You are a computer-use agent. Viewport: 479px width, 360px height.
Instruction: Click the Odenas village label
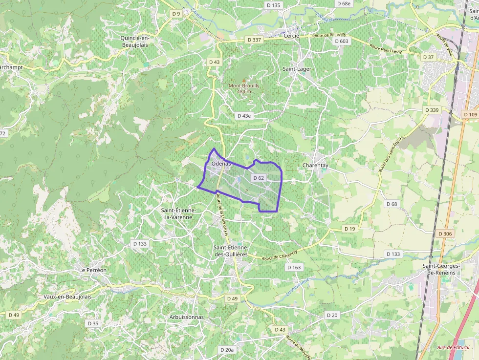pos(220,164)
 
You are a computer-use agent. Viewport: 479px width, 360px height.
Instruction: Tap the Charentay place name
pos(315,165)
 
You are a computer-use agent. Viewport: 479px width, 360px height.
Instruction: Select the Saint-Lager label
pos(297,69)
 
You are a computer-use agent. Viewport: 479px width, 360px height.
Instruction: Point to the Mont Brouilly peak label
pos(244,88)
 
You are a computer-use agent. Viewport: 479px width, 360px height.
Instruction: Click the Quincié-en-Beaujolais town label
pos(134,41)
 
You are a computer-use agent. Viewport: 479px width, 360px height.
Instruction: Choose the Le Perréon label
pos(93,270)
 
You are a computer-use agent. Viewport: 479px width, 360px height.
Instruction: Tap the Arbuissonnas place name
pos(186,317)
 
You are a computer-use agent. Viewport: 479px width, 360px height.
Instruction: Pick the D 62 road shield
pos(258,178)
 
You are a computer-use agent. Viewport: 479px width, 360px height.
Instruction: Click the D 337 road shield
pos(254,40)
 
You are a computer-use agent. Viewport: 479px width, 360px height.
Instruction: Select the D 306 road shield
pos(445,234)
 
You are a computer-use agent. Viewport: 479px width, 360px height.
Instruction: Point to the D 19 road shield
pos(349,229)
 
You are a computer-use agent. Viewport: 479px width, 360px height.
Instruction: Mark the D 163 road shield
pos(294,267)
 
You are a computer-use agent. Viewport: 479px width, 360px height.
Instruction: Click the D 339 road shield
pos(432,110)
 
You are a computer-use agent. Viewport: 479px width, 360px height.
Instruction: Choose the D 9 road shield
pos(176,14)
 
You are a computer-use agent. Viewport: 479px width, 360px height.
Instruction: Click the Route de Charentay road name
pos(280,255)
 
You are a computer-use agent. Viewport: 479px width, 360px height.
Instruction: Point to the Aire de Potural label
pos(453,347)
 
